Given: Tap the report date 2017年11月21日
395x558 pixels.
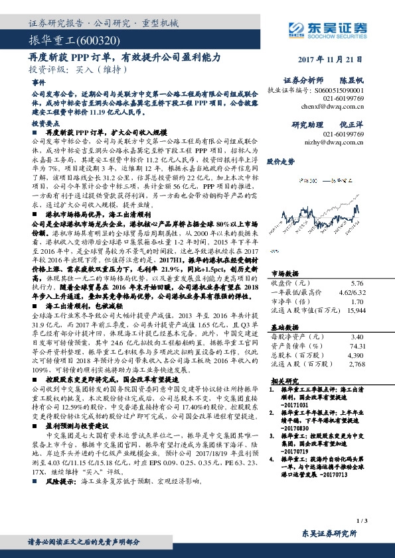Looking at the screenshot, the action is pos(339,58).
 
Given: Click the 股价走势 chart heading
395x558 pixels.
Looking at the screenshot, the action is pos(280,161).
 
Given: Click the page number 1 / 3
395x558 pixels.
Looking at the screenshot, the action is pos(362,523).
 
